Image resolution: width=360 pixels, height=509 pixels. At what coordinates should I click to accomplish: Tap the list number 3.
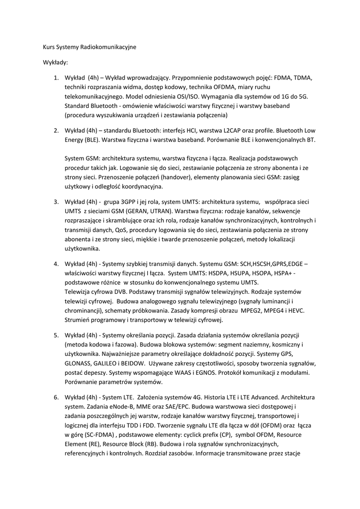point(56,202)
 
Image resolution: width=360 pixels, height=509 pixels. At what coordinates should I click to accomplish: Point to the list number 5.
point(56,335)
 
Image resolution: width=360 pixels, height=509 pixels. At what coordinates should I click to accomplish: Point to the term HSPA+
point(284,273)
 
